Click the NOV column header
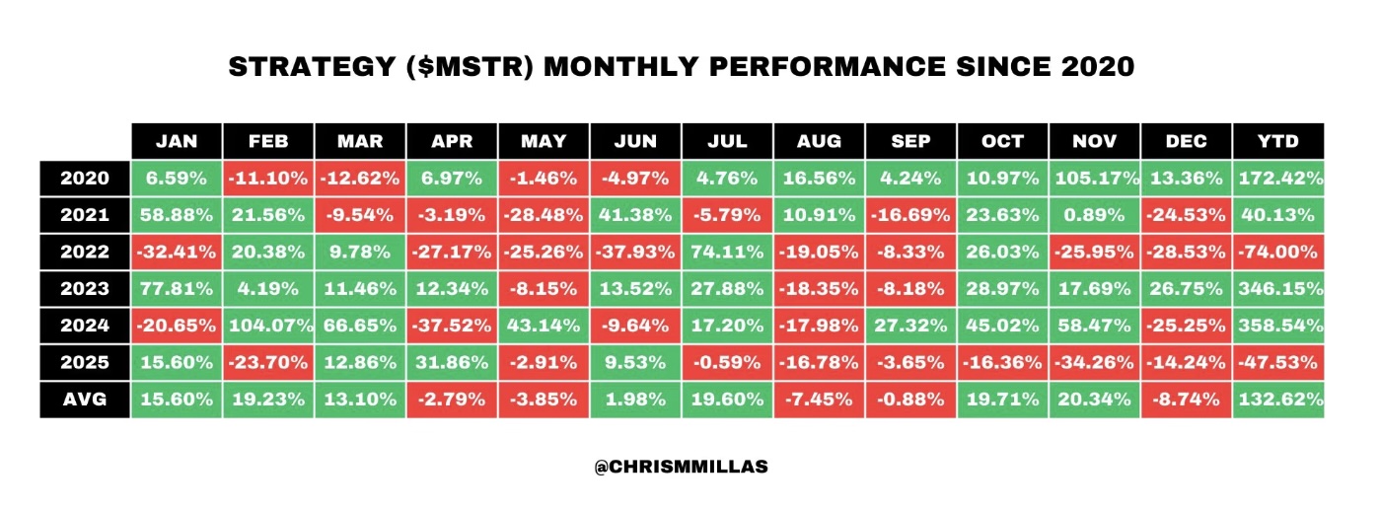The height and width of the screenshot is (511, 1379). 1094,141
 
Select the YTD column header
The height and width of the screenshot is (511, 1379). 1277,141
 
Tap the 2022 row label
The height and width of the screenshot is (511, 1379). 85,252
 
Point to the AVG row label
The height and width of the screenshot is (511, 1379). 85,400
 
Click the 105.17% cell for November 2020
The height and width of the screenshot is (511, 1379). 1094,179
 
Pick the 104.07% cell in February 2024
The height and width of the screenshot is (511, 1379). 268,326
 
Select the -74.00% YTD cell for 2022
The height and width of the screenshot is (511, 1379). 1277,252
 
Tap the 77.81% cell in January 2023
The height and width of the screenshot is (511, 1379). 177,289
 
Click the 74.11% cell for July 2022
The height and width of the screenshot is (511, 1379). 727,252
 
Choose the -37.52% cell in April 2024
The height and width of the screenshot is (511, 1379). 452,326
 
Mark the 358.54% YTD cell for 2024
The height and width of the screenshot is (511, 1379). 1277,326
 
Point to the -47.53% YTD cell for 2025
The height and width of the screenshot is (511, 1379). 1277,362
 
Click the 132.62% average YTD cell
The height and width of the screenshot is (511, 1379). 1277,400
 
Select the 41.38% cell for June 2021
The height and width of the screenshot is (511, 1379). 635,215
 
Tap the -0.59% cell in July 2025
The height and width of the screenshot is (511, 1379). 727,362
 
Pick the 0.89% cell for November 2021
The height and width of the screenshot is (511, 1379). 1094,215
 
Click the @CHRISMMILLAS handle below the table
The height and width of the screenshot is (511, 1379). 681,468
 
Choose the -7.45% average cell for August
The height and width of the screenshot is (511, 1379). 819,400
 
